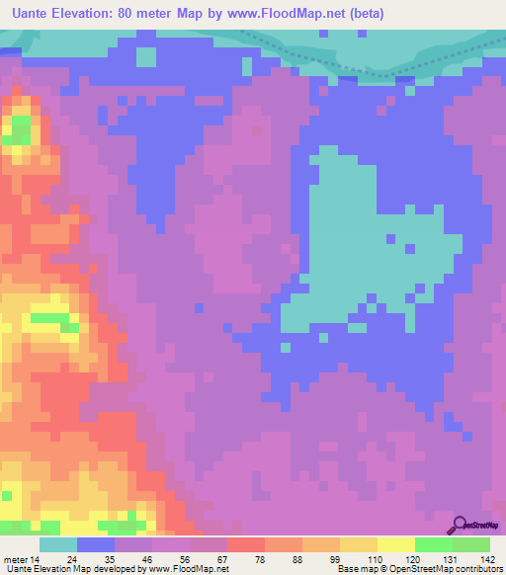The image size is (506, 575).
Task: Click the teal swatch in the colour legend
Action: coord(58,544)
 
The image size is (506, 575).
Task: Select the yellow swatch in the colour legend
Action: coord(395,544)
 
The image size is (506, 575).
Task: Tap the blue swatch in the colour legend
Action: coord(96,544)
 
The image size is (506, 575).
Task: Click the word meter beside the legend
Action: coord(17,560)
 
